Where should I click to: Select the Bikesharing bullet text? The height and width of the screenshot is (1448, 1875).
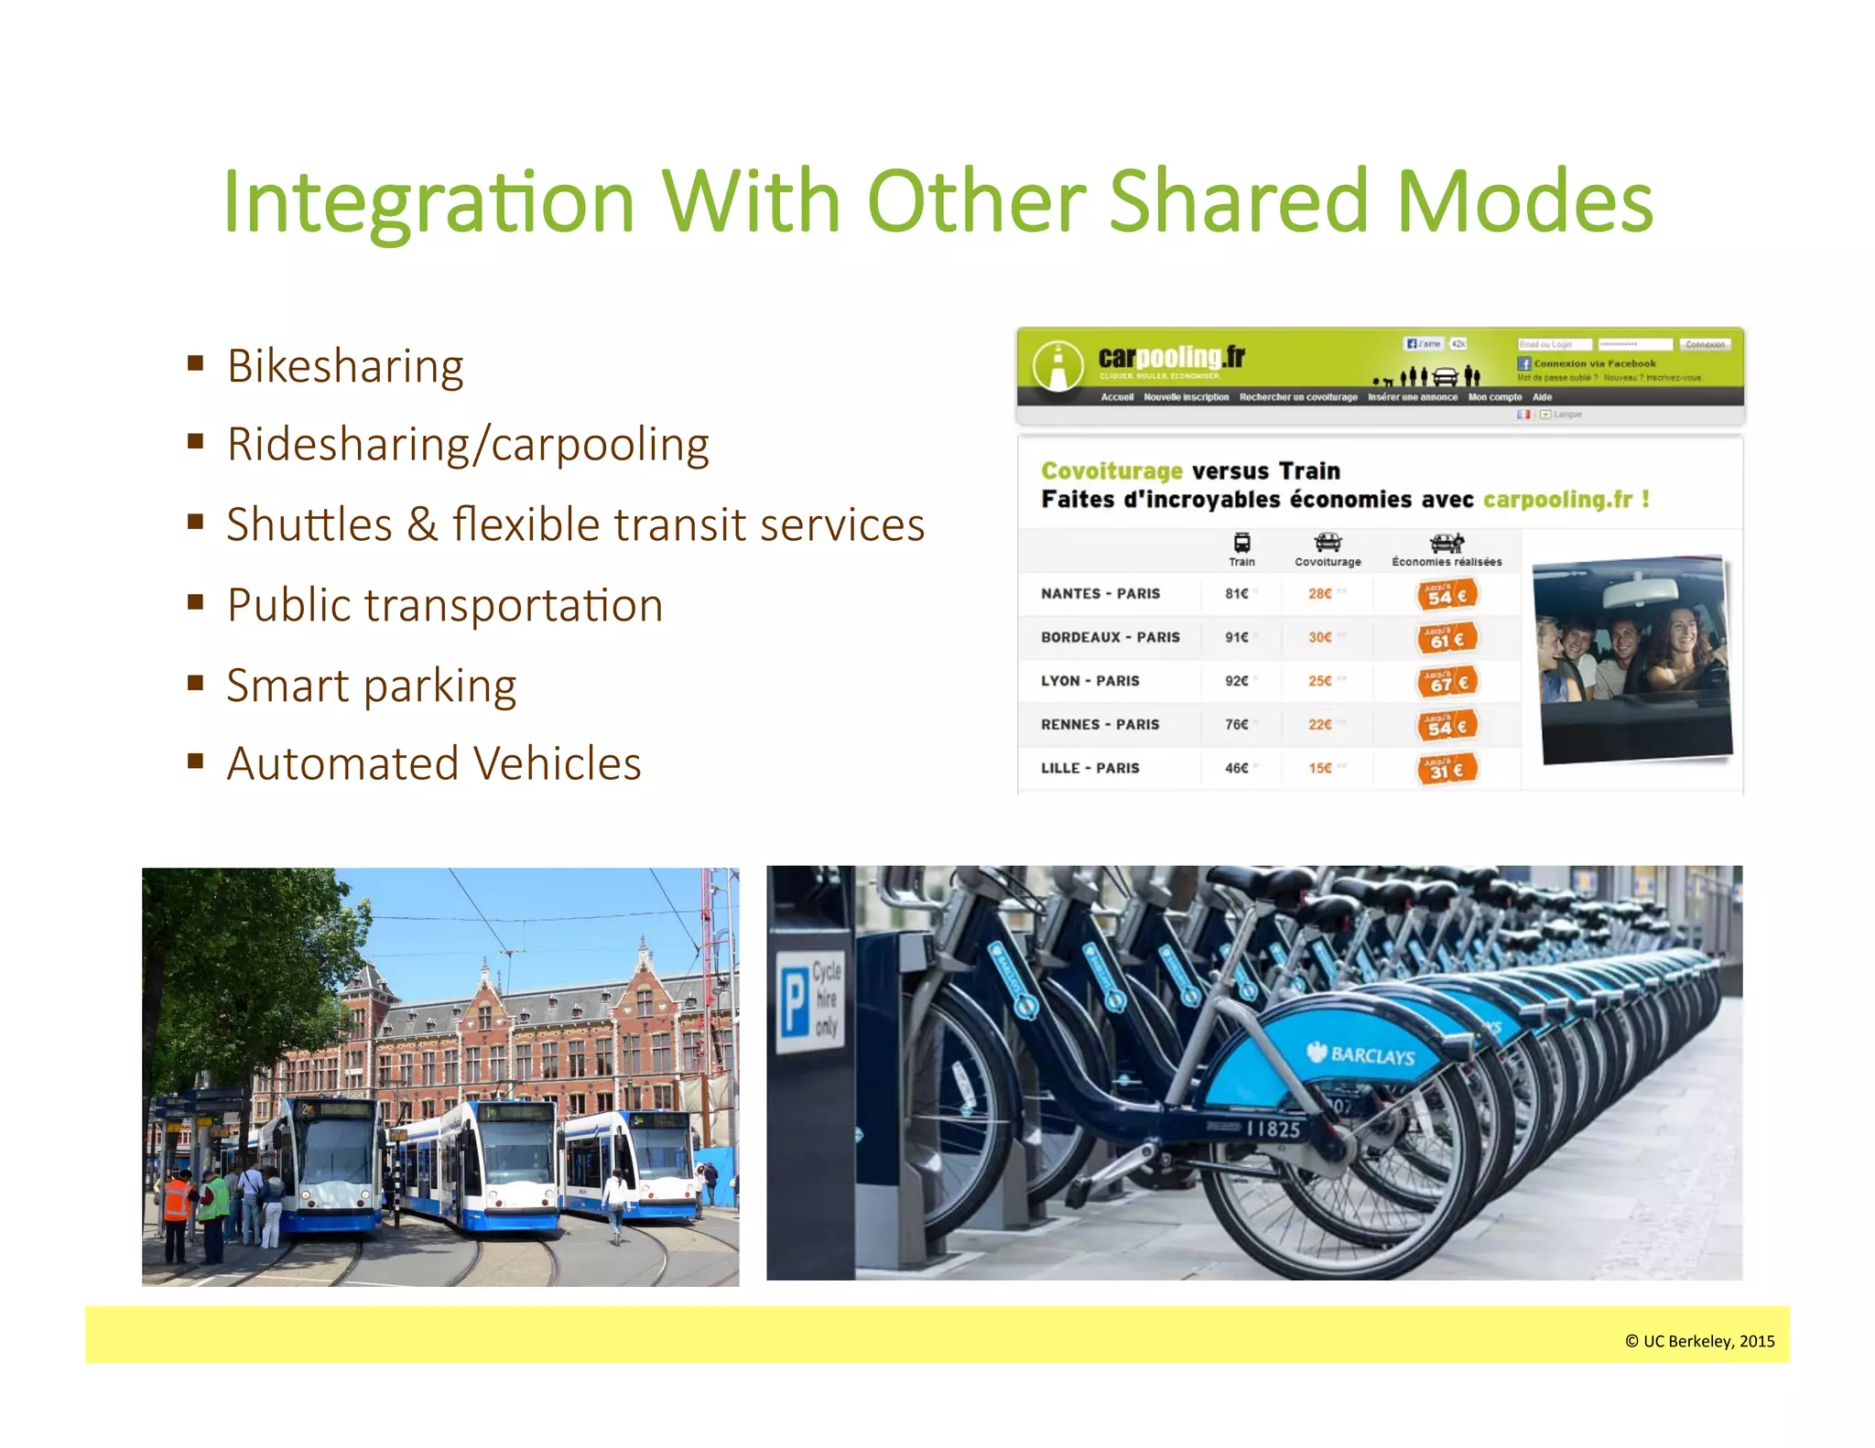tap(345, 366)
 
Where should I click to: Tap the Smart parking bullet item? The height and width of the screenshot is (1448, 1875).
tap(371, 686)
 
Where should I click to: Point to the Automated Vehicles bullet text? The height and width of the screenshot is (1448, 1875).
tap(434, 763)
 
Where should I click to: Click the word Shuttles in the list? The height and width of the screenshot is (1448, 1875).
tap(309, 525)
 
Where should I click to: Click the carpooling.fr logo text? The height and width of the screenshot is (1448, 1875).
tap(1171, 357)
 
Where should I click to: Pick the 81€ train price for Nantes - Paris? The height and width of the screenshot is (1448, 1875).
tap(1236, 593)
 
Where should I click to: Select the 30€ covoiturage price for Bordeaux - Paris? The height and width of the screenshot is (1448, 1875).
tap(1319, 637)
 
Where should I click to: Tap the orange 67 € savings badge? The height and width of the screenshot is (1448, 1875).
tap(1447, 682)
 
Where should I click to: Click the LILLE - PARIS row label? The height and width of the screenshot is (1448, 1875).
tap(1089, 768)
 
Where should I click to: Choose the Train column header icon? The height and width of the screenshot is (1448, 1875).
tap(1241, 542)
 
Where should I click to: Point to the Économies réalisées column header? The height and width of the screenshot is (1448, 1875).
tap(1447, 561)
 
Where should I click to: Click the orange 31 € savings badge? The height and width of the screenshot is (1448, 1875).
tap(1447, 769)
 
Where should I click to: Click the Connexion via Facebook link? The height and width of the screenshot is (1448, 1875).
tap(1594, 363)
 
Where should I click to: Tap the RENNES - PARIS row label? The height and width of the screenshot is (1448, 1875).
tap(1100, 724)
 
